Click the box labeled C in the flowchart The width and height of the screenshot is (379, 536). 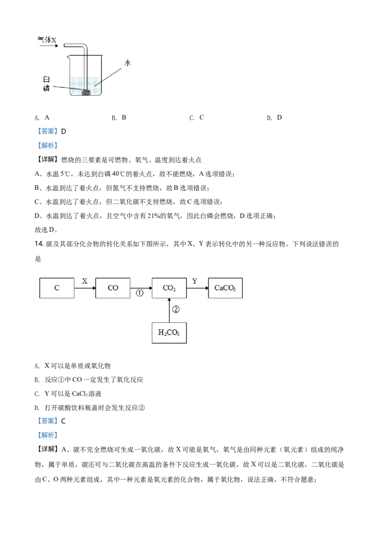coord(57,288)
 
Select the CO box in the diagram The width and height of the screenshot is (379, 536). coord(113,288)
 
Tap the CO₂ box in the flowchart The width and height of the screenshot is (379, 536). coord(169,288)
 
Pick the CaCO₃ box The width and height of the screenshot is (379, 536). coord(225,288)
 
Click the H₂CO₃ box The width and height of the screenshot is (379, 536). coord(169,332)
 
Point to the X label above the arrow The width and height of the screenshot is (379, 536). coord(84,281)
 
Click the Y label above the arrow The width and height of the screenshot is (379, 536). coord(195,281)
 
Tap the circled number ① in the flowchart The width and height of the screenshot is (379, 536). coord(140,293)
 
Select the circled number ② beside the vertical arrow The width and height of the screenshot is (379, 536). coord(176,309)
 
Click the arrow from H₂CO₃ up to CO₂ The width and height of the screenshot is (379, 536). coord(169,310)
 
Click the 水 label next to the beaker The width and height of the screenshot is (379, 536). coord(127,63)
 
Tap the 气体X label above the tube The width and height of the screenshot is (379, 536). coord(47,40)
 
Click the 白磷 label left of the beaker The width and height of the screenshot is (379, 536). coord(46,84)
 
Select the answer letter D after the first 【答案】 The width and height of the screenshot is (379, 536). coord(63,131)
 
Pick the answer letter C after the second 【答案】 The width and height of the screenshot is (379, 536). coord(63,421)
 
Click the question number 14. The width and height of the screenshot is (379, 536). coord(39,244)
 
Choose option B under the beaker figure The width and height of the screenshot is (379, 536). coord(119,117)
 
